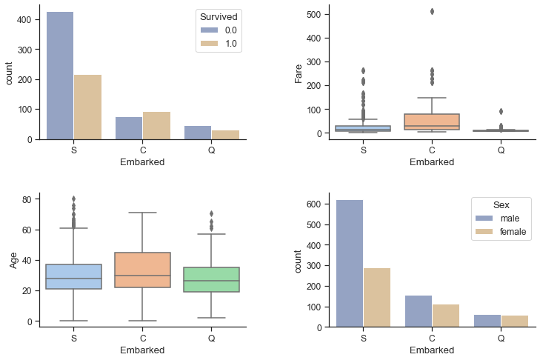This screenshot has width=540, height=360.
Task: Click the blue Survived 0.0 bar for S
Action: [x=60, y=76]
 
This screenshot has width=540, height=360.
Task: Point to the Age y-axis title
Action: [x=14, y=259]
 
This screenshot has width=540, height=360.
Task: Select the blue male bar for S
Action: [x=350, y=263]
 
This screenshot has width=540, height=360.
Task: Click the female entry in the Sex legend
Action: [x=513, y=232]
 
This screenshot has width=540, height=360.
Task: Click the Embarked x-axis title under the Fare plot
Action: [x=432, y=162]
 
